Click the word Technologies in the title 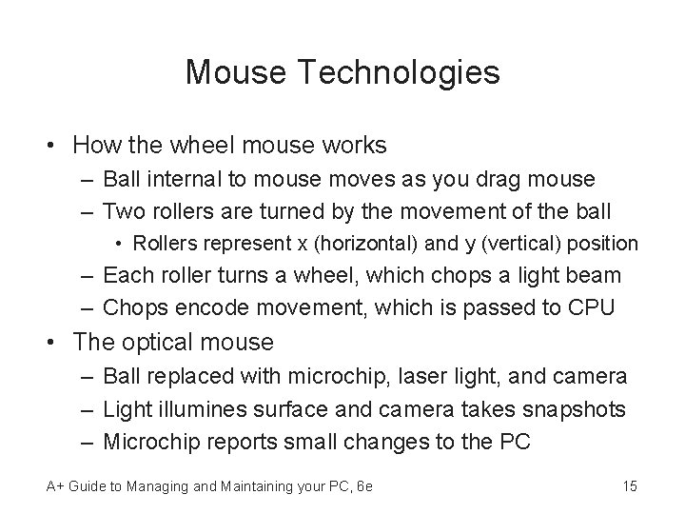(408, 72)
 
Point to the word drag (494, 178)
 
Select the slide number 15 (629, 486)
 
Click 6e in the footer (362, 486)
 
